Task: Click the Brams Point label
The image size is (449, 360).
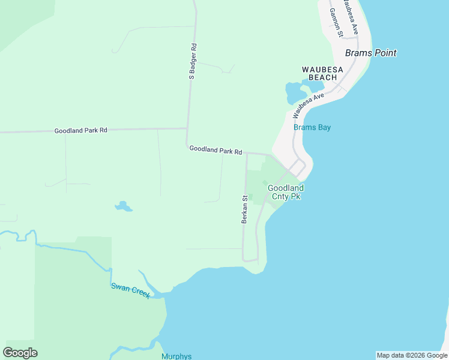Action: pos(370,53)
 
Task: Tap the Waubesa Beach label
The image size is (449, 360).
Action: pos(323,73)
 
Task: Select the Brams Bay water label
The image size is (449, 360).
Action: pos(312,127)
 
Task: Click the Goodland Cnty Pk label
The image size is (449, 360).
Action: pos(284,192)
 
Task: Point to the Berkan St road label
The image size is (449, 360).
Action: pos(245,209)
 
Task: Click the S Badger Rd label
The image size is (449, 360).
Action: pos(193,61)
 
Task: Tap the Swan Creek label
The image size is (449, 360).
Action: pos(130,290)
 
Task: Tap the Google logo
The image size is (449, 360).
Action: pos(20,353)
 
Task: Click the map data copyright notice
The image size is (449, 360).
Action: pos(411,355)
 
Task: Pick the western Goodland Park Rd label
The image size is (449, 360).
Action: pos(80,130)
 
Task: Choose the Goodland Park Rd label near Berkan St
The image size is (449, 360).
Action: pos(215,150)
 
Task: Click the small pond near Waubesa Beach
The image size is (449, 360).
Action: pos(295,92)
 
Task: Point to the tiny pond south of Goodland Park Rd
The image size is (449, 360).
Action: pos(124,207)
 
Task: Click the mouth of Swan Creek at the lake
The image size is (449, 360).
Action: pos(157,295)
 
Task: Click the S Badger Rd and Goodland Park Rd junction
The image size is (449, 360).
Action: pos(187,128)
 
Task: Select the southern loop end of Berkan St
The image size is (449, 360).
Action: pos(250,261)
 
